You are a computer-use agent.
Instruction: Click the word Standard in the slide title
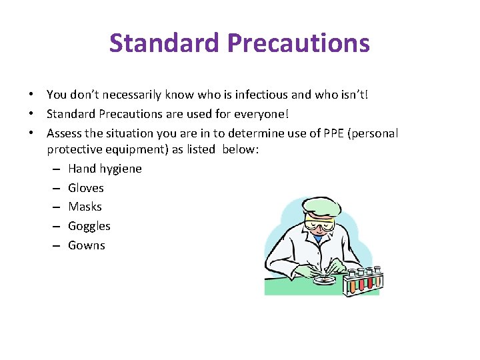pos(165,43)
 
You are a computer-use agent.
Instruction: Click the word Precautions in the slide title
pos(298,43)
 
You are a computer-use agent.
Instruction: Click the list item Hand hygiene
pos(105,169)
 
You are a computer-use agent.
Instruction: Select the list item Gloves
pos(86,188)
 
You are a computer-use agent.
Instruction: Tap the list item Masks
pos(85,207)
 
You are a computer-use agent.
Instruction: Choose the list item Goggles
pos(89,226)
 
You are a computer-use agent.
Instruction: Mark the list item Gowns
pos(87,245)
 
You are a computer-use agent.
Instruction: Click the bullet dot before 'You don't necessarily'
pos(31,95)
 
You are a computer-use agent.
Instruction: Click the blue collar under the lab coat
pos(319,238)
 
